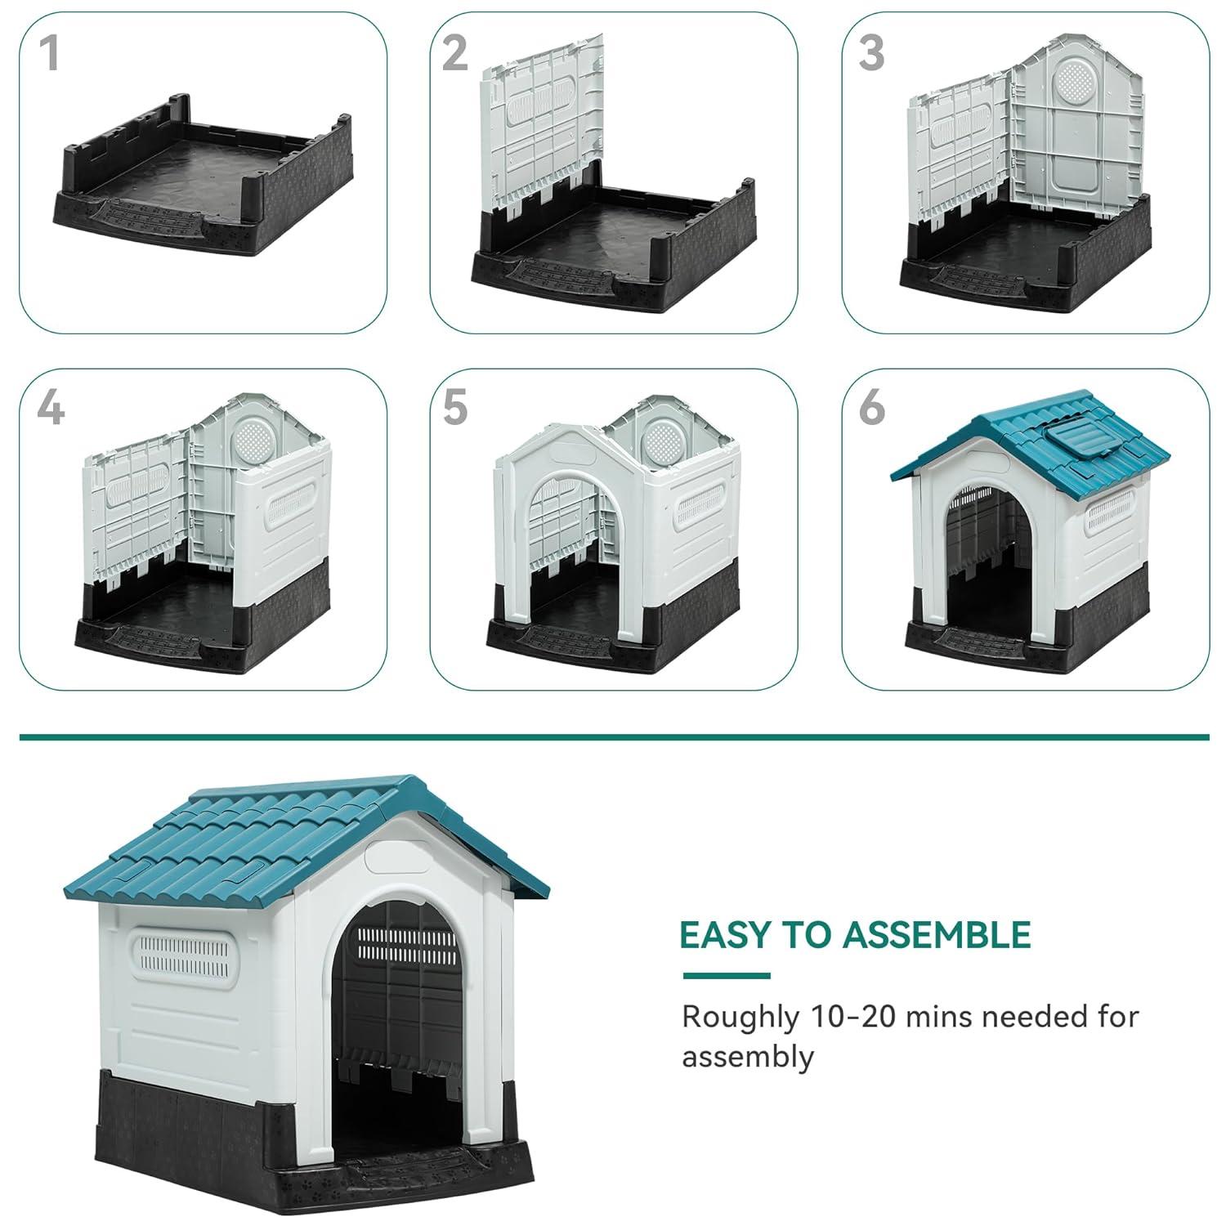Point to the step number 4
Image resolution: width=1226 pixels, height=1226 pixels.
50,407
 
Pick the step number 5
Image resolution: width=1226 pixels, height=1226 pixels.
455,407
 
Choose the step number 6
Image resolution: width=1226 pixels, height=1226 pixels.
871,407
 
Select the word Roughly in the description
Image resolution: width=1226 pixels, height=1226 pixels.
741,1017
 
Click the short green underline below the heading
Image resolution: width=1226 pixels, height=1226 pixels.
726,975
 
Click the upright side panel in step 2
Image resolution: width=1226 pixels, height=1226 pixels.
541,123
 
